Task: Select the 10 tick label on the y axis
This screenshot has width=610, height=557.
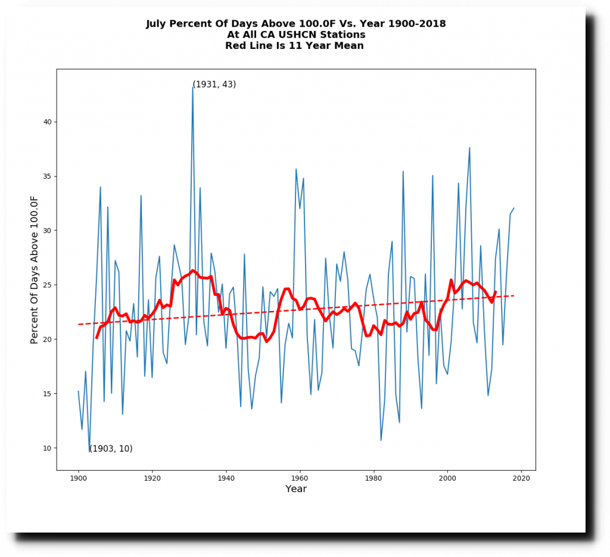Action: (x=48, y=448)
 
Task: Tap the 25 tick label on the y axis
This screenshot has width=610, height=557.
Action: (x=48, y=285)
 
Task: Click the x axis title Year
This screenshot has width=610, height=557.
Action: (x=296, y=489)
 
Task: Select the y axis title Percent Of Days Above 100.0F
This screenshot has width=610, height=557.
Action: (x=35, y=269)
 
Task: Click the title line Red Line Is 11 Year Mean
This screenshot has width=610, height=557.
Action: (x=294, y=46)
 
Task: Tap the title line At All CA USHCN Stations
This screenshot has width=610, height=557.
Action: (x=296, y=35)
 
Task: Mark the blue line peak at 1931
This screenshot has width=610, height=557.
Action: (x=192, y=86)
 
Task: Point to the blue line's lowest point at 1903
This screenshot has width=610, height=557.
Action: (x=89, y=452)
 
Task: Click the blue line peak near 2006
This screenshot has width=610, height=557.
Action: (x=469, y=148)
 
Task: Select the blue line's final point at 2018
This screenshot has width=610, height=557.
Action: (x=513, y=208)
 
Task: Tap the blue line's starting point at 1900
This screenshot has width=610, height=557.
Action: (x=78, y=391)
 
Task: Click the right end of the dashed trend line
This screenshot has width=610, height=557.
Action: (x=513, y=295)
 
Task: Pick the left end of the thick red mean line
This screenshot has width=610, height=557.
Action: (x=97, y=338)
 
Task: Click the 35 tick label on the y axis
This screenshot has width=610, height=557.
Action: (x=48, y=176)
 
